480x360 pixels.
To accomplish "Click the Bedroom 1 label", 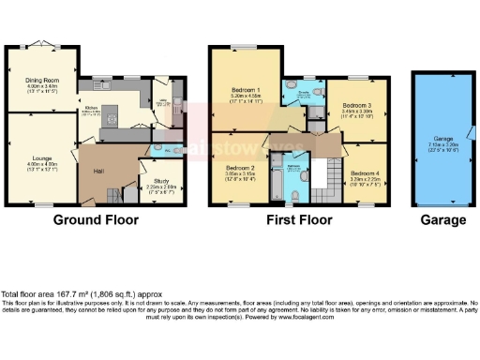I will (247, 91).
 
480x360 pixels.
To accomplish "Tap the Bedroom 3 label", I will (356, 105).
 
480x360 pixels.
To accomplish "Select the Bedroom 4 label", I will (366, 173).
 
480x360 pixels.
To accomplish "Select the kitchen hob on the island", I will (110, 118).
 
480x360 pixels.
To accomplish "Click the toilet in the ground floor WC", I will (158, 148).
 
